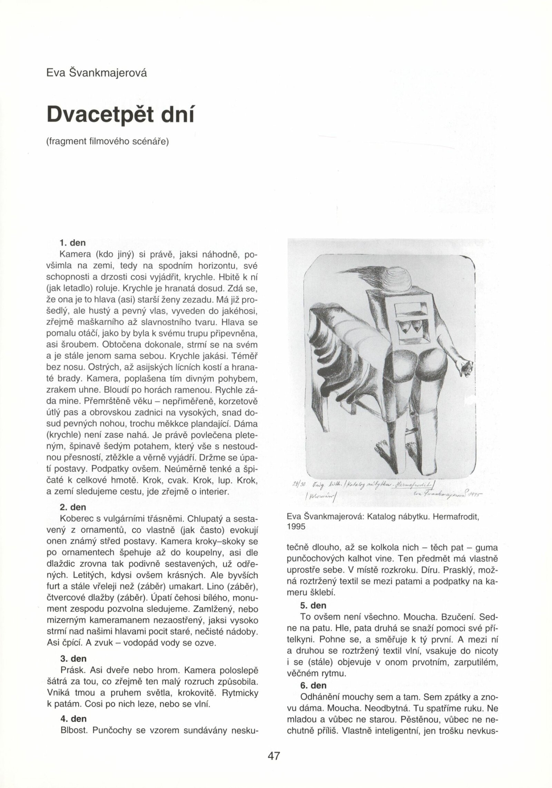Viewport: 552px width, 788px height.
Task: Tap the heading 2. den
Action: pos(73,507)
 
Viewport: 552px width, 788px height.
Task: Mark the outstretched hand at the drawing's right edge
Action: pos(465,369)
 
